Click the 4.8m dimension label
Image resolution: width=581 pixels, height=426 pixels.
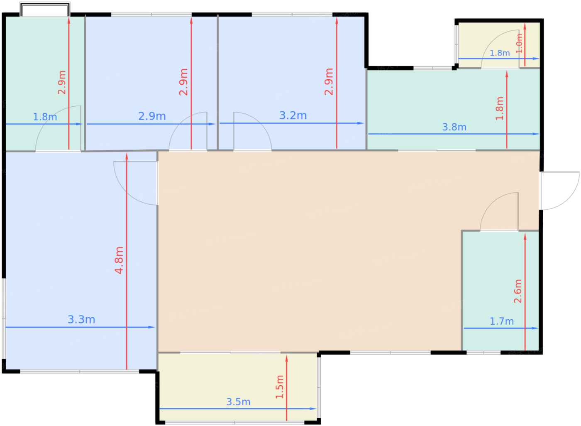pyautogui.click(x=119, y=260)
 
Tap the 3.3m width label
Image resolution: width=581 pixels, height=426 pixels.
pyautogui.click(x=81, y=319)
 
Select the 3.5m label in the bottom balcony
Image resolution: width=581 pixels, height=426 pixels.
pyautogui.click(x=238, y=402)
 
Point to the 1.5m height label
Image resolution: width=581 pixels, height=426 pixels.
pyautogui.click(x=280, y=387)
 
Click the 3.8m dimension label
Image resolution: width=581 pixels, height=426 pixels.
pyautogui.click(x=454, y=127)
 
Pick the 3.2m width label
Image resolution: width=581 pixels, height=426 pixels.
pyautogui.click(x=293, y=115)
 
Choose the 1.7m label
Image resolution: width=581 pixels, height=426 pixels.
pyautogui.click(x=502, y=321)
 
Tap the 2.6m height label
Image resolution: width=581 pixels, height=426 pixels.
pyautogui.click(x=518, y=291)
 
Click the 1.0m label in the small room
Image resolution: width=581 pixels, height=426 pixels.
pyautogui.click(x=519, y=44)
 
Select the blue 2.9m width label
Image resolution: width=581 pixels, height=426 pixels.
pyautogui.click(x=152, y=116)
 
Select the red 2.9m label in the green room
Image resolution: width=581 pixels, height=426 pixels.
pyautogui.click(x=62, y=82)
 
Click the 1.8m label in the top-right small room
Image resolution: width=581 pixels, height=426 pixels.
pyautogui.click(x=500, y=53)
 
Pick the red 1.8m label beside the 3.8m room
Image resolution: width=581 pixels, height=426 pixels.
pyautogui.click(x=500, y=108)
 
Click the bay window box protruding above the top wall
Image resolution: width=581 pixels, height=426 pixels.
pyautogui.click(x=45, y=9)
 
